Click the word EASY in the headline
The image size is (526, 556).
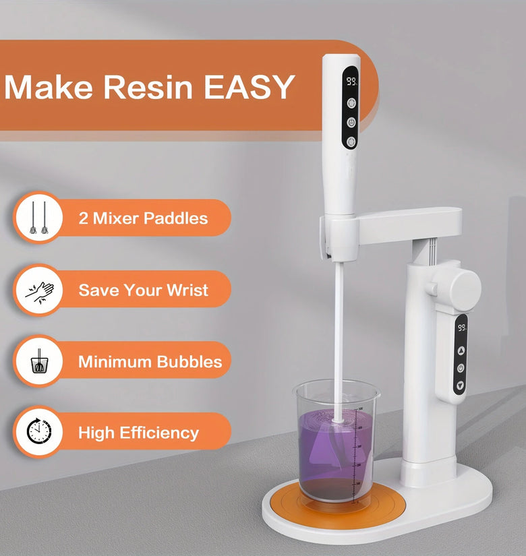[250, 87]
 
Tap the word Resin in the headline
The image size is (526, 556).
[148, 87]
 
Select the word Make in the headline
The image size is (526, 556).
[49, 87]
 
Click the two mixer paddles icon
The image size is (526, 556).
[38, 218]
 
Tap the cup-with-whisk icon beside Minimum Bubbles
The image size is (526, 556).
[39, 361]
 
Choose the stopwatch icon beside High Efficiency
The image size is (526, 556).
[39, 431]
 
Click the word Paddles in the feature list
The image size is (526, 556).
[176, 218]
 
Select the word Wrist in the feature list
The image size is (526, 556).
[187, 290]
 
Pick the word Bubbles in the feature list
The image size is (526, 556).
[189, 362]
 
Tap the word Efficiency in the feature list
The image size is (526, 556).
[159, 433]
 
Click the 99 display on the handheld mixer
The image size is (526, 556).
[352, 82]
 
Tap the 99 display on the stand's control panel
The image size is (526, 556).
[462, 328]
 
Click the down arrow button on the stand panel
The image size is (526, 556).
[461, 385]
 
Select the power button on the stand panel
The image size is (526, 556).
[461, 368]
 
